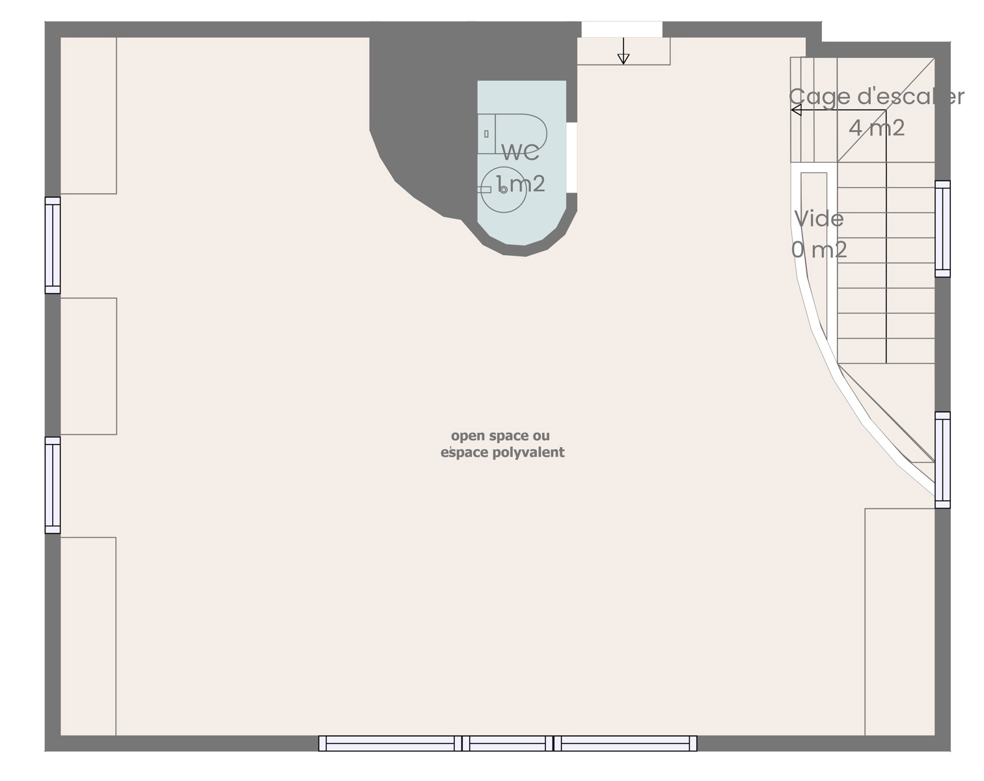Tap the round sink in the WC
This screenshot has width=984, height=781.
point(504,189)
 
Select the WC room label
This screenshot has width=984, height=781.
point(521,152)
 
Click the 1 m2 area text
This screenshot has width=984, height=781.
point(521,184)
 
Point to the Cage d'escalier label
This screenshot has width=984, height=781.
point(877,98)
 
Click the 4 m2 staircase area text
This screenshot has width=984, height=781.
point(877,128)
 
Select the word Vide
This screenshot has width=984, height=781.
point(819,219)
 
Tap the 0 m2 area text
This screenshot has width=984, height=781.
point(819,250)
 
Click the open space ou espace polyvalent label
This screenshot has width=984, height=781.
point(502,444)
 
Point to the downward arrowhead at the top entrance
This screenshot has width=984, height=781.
point(623,59)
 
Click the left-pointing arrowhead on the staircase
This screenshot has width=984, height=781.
point(796,110)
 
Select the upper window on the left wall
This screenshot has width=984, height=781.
point(53,245)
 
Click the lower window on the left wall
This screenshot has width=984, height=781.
point(53,485)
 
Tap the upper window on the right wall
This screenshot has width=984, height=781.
point(942,228)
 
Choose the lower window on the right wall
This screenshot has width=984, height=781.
point(942,460)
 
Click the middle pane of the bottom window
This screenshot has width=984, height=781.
point(508,743)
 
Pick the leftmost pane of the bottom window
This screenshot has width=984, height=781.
point(390,743)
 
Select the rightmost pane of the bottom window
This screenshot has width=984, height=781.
point(625,743)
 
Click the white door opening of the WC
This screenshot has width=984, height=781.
point(571,158)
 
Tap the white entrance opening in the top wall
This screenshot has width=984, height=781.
point(622,29)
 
